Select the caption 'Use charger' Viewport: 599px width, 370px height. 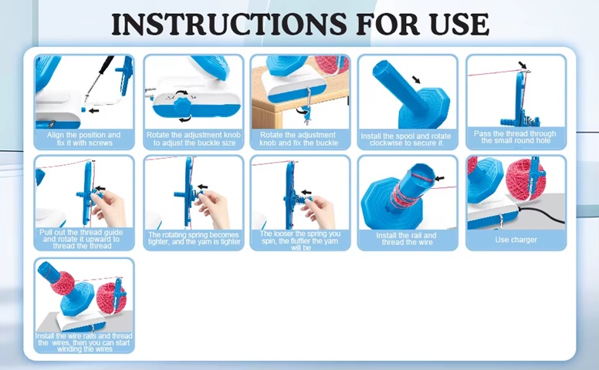pyautogui.click(x=516, y=240)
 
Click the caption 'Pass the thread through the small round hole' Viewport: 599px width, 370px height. pyautogui.click(x=515, y=137)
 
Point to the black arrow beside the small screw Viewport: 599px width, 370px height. pyautogui.click(x=93, y=111)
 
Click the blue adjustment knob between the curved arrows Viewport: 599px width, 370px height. pyautogui.click(x=184, y=106)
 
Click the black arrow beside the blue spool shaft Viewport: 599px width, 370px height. pyautogui.click(x=416, y=79)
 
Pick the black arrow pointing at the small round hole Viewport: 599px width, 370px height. pyautogui.click(x=523, y=65)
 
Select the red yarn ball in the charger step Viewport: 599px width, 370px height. pyautogui.click(x=525, y=180)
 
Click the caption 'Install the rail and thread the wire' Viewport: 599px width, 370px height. pyautogui.click(x=407, y=239)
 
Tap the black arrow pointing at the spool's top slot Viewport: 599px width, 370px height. pyautogui.click(x=440, y=178)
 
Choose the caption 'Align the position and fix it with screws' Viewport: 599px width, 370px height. pyautogui.click(x=83, y=139)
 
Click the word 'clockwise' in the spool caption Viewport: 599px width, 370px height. pyautogui.click(x=387, y=143)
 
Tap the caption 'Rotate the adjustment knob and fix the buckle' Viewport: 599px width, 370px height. pyautogui.click(x=299, y=139)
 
